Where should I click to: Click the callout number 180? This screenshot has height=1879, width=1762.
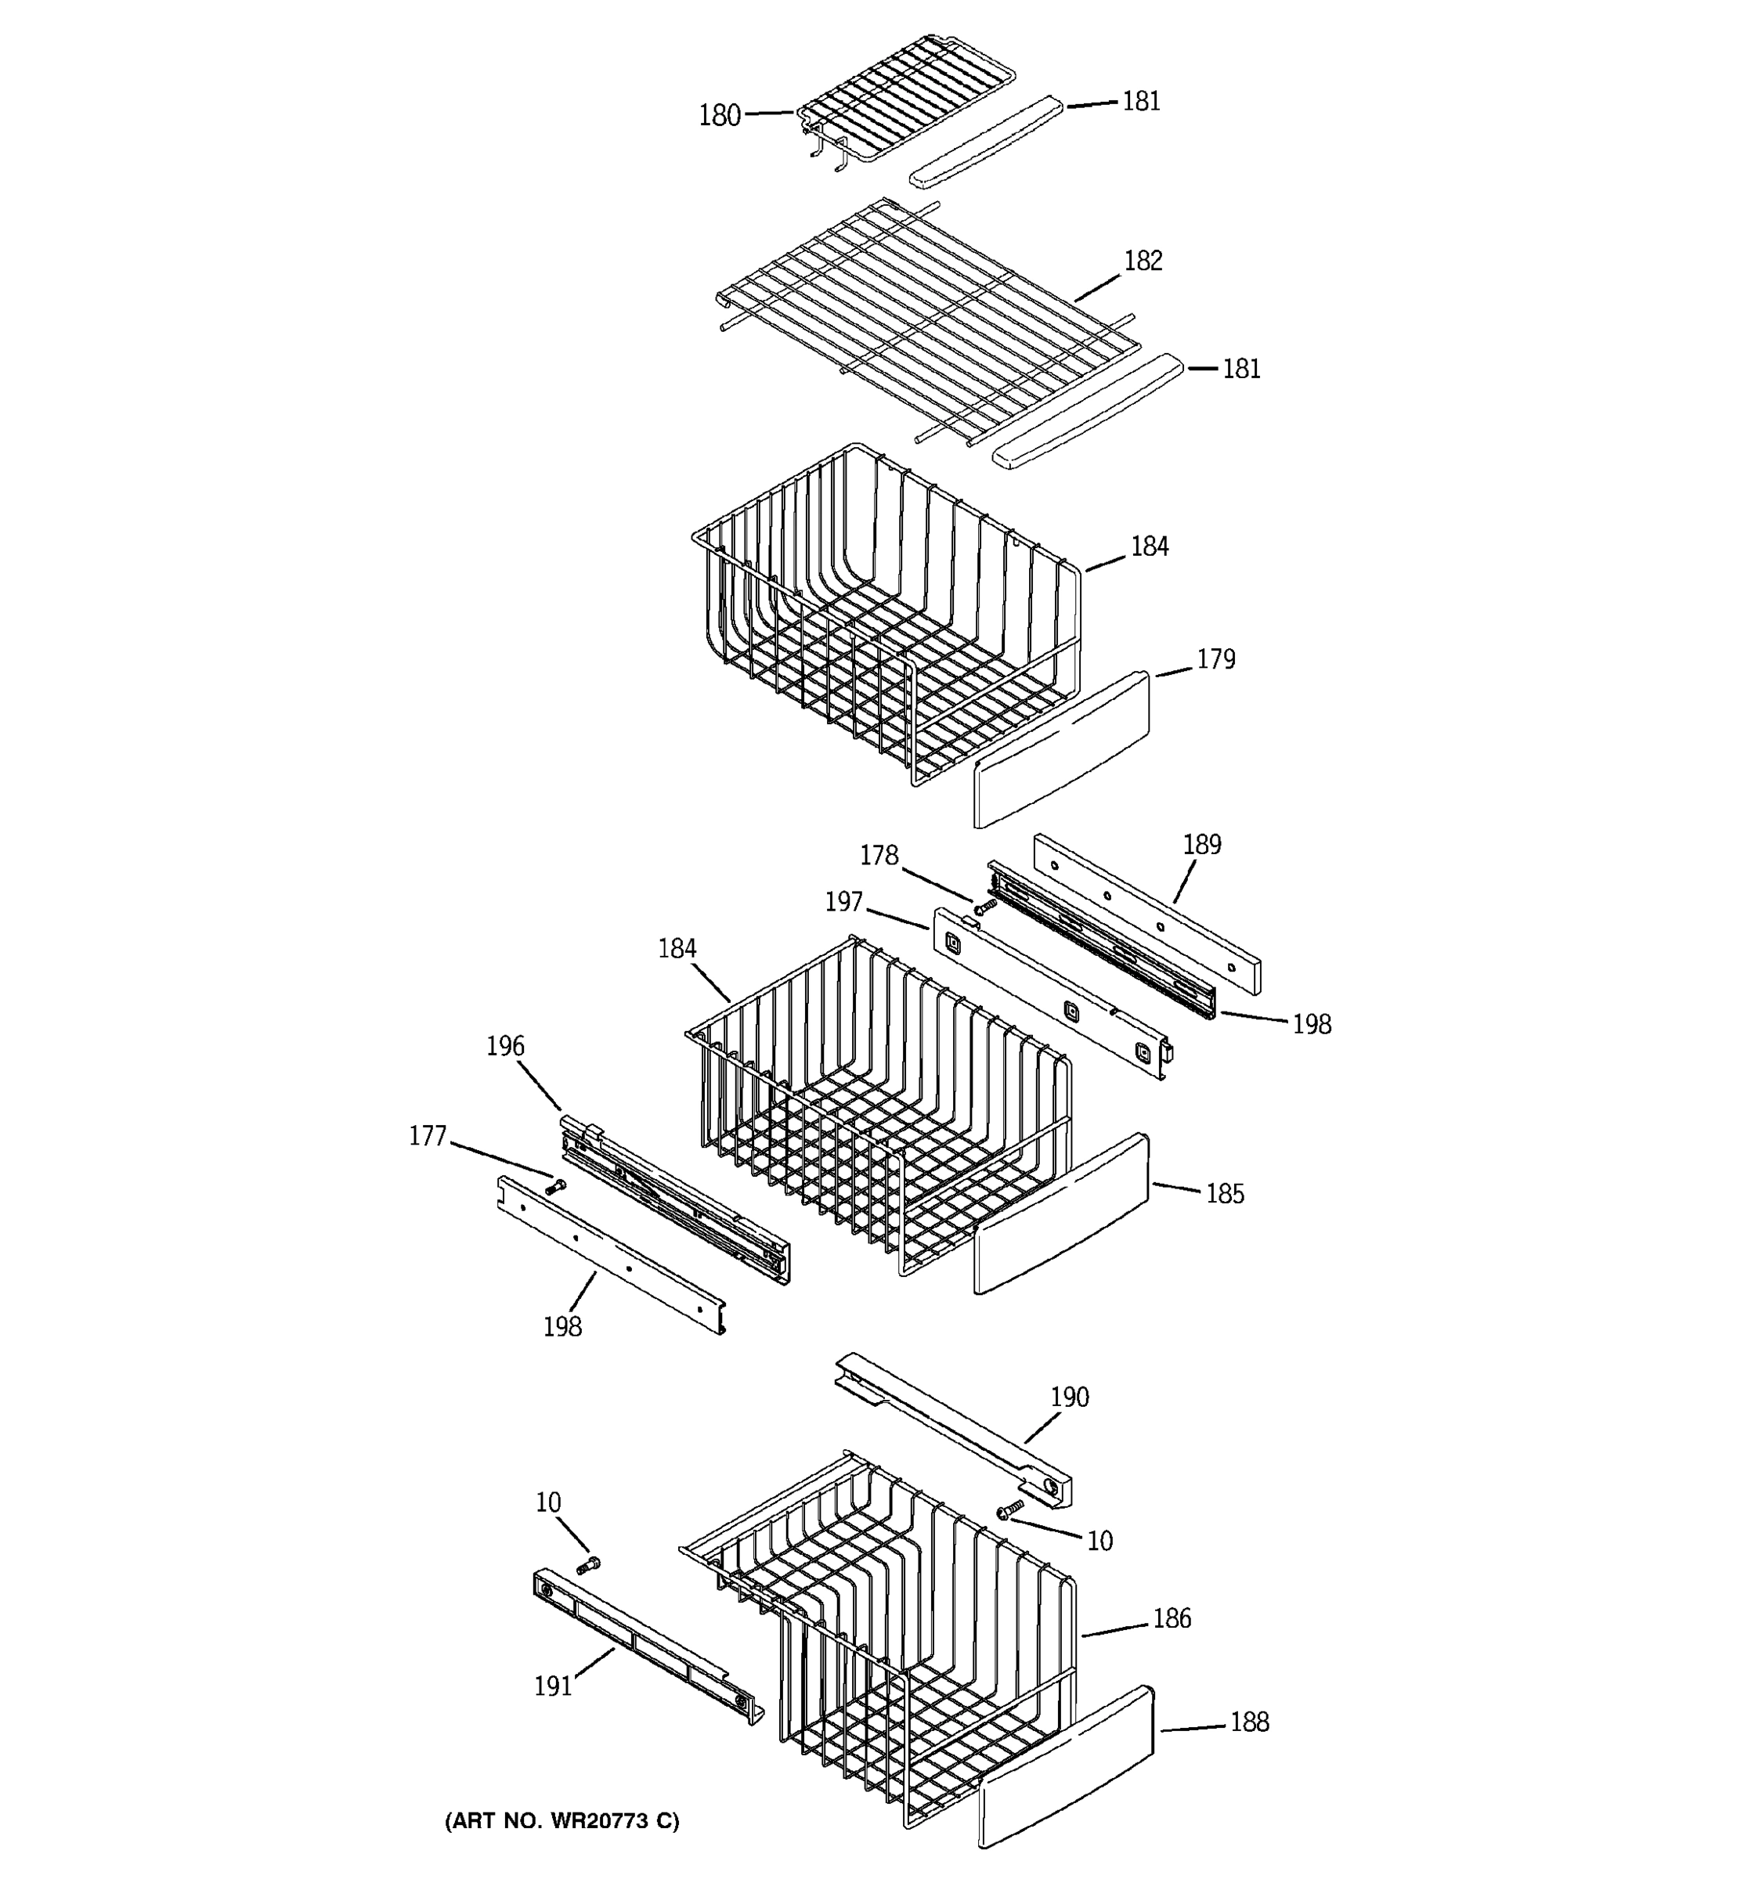720,116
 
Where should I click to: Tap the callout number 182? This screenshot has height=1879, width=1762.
1142,261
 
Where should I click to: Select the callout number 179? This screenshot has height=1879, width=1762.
1215,660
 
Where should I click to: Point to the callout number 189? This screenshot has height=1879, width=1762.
1201,845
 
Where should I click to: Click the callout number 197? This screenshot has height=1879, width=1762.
843,903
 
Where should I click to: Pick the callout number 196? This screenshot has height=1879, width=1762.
505,1046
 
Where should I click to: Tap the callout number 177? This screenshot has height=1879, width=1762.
428,1136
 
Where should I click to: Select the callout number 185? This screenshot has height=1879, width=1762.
1224,1195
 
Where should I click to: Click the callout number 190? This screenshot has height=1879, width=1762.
1069,1397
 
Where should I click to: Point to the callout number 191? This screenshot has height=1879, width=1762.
553,1686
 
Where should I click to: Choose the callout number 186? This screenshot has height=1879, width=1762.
1172,1619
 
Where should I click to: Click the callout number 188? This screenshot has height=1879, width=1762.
1249,1723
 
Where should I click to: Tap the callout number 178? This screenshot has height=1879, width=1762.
878,857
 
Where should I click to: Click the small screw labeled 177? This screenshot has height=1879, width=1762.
555,1186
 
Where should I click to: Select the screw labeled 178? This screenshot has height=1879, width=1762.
985,907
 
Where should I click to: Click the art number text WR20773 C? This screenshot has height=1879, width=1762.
561,1821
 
